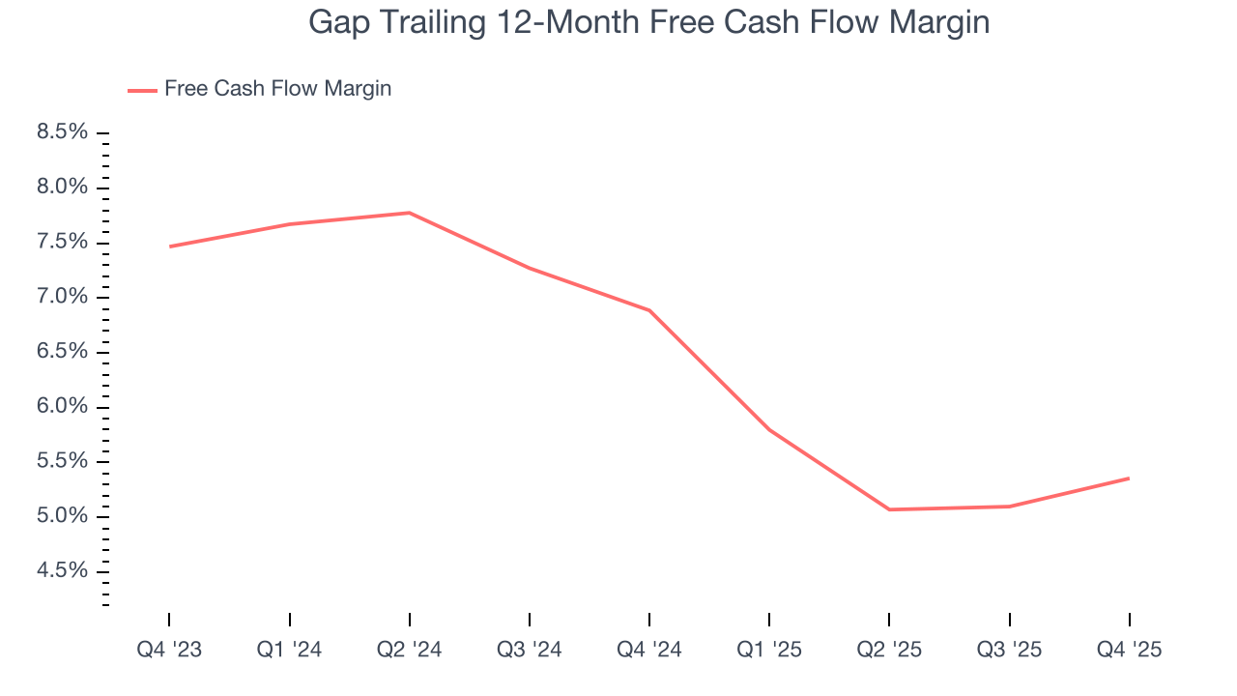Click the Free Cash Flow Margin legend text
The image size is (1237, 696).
point(277,89)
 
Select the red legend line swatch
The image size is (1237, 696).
point(142,90)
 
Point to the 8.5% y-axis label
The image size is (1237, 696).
point(63,131)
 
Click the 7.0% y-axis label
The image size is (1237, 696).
point(63,297)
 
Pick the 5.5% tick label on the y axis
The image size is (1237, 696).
point(63,461)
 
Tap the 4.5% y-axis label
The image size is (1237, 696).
point(63,571)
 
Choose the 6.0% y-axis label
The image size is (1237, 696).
point(63,407)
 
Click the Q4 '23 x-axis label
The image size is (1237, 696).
point(169,650)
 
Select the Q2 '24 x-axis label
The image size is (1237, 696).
point(409,650)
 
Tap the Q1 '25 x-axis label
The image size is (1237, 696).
point(769,650)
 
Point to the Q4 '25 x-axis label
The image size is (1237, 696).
point(1129,650)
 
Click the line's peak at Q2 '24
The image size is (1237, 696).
point(409,213)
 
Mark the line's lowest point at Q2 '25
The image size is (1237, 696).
point(889,509)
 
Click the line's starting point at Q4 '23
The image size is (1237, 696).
point(169,246)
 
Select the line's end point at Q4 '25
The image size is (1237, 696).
point(1129,478)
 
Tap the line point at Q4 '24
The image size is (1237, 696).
point(649,310)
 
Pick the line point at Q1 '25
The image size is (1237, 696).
point(769,429)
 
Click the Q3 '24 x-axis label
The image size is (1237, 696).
point(530,650)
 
